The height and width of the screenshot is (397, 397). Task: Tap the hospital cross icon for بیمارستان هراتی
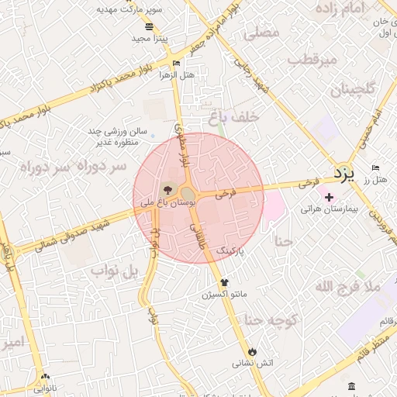point(329,197)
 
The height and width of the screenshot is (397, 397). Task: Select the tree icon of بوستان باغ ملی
point(167,189)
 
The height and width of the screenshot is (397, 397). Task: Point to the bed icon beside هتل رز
point(376,168)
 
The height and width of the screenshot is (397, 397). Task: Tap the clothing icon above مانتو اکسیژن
point(225,282)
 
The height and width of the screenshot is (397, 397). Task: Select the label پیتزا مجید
point(148,37)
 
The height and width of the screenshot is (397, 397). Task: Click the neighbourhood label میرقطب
point(312,60)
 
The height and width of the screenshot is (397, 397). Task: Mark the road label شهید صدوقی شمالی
point(78,230)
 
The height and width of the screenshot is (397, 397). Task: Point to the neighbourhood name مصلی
point(261,34)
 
